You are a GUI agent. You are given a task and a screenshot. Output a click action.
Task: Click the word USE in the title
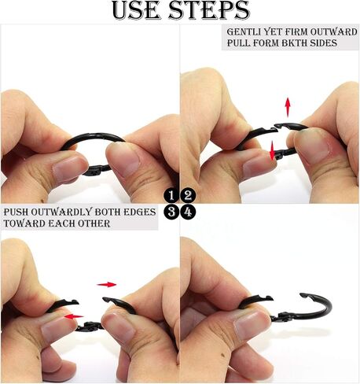(x=136, y=10)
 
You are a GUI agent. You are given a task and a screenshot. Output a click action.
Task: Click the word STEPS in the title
(x=209, y=10)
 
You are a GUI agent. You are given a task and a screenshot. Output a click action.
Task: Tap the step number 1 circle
(x=171, y=196)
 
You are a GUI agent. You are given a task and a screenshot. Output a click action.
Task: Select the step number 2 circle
(x=188, y=196)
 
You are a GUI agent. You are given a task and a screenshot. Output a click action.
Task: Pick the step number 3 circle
(x=171, y=212)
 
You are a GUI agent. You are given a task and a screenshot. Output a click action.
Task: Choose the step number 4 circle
(x=188, y=212)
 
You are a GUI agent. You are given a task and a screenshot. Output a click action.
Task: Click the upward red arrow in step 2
(x=288, y=107)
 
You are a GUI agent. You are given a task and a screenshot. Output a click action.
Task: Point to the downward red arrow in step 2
(x=273, y=150)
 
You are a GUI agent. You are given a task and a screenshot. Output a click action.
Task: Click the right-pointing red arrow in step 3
(x=107, y=285)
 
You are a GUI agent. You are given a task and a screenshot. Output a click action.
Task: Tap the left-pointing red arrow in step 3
(x=74, y=317)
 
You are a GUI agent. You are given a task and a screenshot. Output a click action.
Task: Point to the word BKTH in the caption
(x=294, y=42)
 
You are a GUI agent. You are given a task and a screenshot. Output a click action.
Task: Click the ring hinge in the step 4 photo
(x=281, y=316)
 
